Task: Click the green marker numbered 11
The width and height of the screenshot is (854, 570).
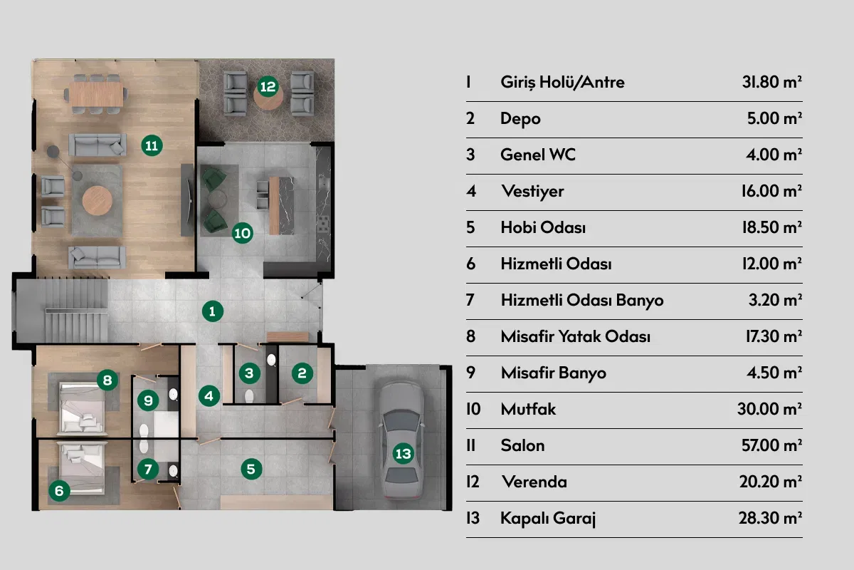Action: [151, 145]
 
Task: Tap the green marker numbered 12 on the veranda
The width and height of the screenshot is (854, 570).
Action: [268, 87]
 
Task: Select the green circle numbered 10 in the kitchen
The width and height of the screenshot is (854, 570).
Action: [243, 232]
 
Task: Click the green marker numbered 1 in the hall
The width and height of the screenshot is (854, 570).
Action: [212, 310]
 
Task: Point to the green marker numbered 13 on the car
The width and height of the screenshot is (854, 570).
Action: [403, 452]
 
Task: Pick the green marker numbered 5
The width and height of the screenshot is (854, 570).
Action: [251, 469]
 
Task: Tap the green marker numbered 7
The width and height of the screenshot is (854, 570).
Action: [148, 469]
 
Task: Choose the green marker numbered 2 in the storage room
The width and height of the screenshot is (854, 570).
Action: [302, 372]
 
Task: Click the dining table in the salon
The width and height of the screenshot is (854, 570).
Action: [97, 93]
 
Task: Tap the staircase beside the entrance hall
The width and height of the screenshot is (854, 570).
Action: [75, 311]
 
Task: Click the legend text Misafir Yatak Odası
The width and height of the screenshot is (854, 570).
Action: [575, 336]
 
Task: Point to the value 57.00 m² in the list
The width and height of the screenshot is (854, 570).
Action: [771, 445]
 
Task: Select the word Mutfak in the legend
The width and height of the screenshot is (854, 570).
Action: [528, 409]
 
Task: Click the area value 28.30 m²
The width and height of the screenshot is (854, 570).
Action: [771, 518]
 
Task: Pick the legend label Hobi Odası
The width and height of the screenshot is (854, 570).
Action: [543, 227]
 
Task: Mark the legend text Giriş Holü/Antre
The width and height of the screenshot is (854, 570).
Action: [562, 82]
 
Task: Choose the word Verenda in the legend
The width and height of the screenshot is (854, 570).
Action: [534, 482]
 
